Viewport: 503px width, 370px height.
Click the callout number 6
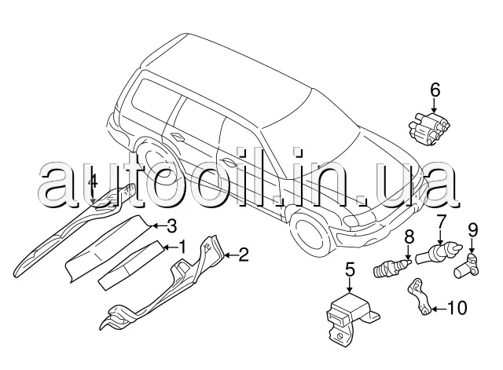[434, 90]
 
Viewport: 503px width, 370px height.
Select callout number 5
[350, 272]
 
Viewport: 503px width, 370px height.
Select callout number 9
[473, 232]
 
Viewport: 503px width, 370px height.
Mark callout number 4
[93, 182]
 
